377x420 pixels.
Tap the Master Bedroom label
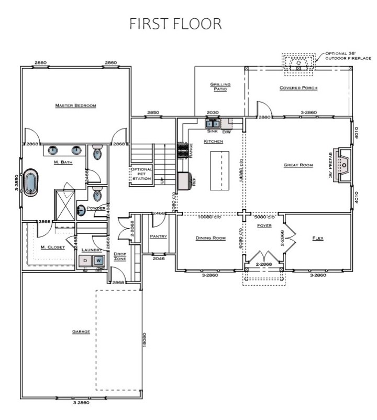pyautogui.click(x=76, y=106)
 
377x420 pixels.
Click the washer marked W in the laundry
pyautogui.click(x=98, y=261)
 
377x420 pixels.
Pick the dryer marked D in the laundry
pyautogui.click(x=85, y=261)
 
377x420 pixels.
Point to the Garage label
pyautogui.click(x=81, y=332)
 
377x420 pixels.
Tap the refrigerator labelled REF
pyautogui.click(x=184, y=181)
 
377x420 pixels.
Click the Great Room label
pyautogui.click(x=298, y=165)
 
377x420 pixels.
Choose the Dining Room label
pyautogui.click(x=210, y=238)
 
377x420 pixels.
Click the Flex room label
pyautogui.click(x=318, y=238)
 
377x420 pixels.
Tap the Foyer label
pyautogui.click(x=263, y=225)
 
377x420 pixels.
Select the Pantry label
pyautogui.click(x=158, y=236)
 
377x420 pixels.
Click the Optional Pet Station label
pyautogui.click(x=141, y=174)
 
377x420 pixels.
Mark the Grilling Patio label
pyautogui.click(x=220, y=87)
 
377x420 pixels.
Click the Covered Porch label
pyautogui.click(x=298, y=88)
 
